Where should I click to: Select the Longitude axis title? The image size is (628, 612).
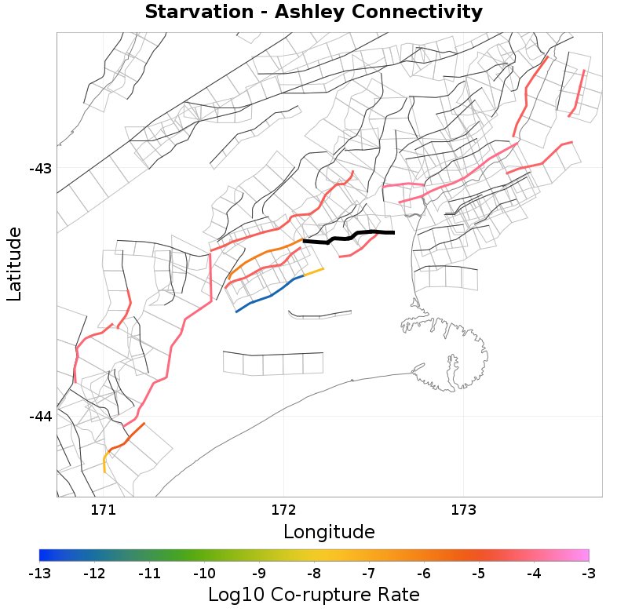point(329,532)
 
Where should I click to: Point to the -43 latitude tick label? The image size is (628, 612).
point(39,168)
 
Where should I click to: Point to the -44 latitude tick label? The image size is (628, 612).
point(39,416)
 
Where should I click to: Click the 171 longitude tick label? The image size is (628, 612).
point(103,508)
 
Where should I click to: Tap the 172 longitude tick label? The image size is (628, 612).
point(283,508)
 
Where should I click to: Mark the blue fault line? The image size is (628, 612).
point(267,295)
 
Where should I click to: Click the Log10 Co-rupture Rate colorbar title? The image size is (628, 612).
point(314,595)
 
